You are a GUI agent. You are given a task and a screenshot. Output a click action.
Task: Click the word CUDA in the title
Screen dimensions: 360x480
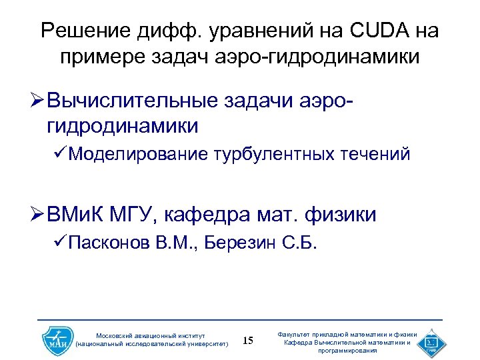coord(379,31)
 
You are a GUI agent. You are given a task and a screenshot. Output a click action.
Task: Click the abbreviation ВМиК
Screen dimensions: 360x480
coord(71,215)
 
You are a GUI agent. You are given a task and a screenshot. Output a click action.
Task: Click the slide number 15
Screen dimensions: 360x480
coord(247,341)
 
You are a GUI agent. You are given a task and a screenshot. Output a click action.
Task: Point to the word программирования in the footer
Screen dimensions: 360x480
coord(347,350)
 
